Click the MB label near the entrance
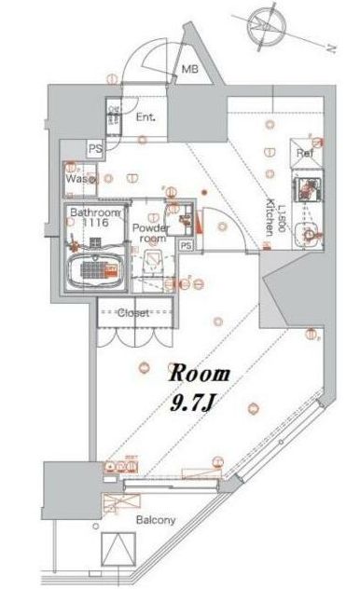point(189,69)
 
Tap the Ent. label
point(145,117)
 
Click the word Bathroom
point(90,212)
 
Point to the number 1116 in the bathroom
point(90,224)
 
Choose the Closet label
point(134,313)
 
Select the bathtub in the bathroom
point(93,269)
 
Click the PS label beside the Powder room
point(186,245)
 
